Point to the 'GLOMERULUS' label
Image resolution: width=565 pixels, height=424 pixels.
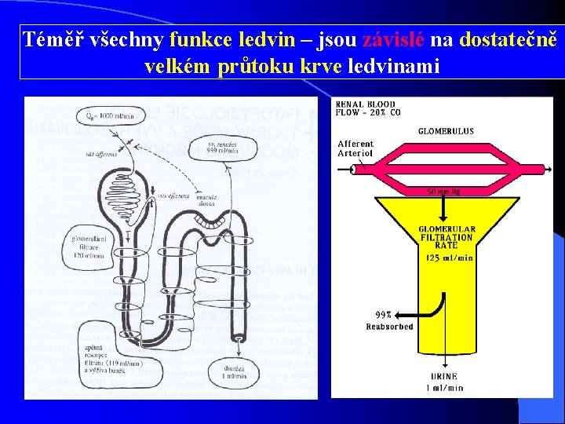pos(445,131)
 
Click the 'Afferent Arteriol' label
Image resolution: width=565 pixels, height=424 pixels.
pos(355,148)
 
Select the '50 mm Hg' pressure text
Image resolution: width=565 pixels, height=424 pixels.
pos(444,191)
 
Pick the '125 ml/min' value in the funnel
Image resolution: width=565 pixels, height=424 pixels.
pos(448,258)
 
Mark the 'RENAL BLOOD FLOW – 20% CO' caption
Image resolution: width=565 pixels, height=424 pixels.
pos(366,108)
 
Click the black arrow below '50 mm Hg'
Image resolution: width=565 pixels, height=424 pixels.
pos(444,208)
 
